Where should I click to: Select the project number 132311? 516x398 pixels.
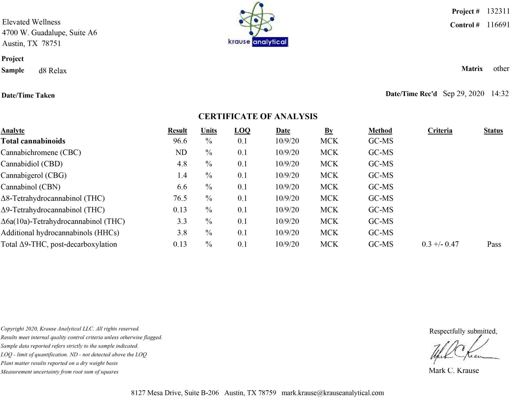click(x=498, y=11)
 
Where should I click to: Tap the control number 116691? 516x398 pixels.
click(x=498, y=25)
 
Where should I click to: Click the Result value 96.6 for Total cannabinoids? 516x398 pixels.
click(x=180, y=141)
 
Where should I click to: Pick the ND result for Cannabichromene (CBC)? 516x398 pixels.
click(x=181, y=152)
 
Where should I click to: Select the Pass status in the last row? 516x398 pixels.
click(x=494, y=244)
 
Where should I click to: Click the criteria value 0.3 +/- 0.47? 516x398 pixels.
click(x=440, y=244)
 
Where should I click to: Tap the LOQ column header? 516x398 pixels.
click(x=242, y=131)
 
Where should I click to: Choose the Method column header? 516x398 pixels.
click(x=380, y=131)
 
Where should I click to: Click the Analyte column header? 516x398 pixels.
click(x=13, y=131)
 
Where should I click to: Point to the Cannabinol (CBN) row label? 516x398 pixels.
click(x=31, y=187)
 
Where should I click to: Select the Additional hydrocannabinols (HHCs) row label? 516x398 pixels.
click(x=60, y=233)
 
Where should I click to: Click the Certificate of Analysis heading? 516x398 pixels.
click(x=258, y=116)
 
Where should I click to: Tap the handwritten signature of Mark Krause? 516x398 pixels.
click(x=462, y=352)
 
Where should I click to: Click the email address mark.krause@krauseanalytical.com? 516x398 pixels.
click(x=333, y=393)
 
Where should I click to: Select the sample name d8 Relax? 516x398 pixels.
click(x=53, y=71)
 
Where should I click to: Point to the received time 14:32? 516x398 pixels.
click(x=500, y=94)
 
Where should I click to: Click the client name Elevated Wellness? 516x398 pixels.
click(x=31, y=22)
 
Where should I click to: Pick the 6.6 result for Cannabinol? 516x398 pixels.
click(x=182, y=187)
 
